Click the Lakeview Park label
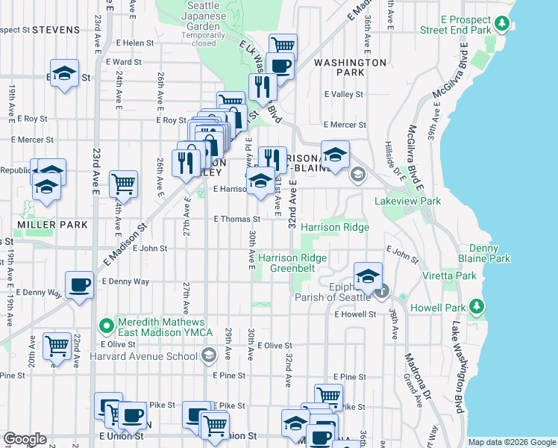(408, 201)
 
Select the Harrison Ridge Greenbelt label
(292, 263)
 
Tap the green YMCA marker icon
(107, 326)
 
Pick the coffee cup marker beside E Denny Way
(79, 284)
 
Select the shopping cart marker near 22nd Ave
(57, 346)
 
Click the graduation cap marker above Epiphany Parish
(368, 276)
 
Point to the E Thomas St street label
(237, 220)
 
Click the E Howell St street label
(353, 315)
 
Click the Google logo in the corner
(25, 439)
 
